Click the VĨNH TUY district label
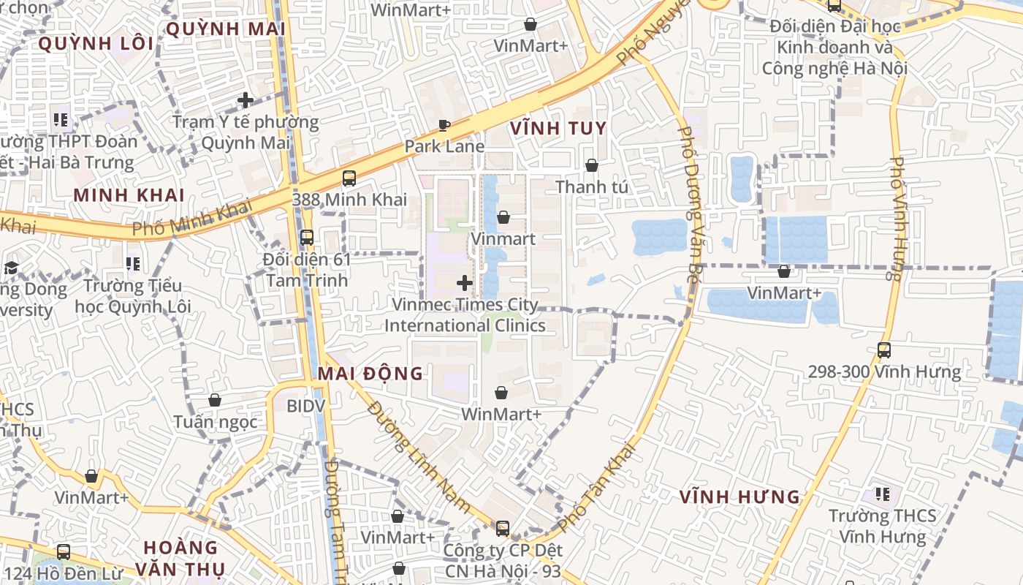[x=558, y=129]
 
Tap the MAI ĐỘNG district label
[x=370, y=374]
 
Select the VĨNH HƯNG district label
[x=739, y=497]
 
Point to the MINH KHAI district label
[x=129, y=195]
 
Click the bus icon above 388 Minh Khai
[x=349, y=178]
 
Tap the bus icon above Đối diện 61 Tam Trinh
[x=307, y=238]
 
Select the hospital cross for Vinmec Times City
[x=465, y=282]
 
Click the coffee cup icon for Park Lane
[x=444, y=125]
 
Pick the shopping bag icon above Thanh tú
[x=592, y=166]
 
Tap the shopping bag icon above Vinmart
[x=503, y=217]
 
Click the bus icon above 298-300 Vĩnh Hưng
[x=884, y=350]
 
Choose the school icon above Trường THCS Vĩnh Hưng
[x=883, y=494]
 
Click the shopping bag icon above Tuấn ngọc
[x=215, y=400]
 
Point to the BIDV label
[x=305, y=406]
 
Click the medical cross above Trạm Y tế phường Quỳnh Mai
[x=246, y=100]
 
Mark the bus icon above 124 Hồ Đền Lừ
[x=64, y=552]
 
